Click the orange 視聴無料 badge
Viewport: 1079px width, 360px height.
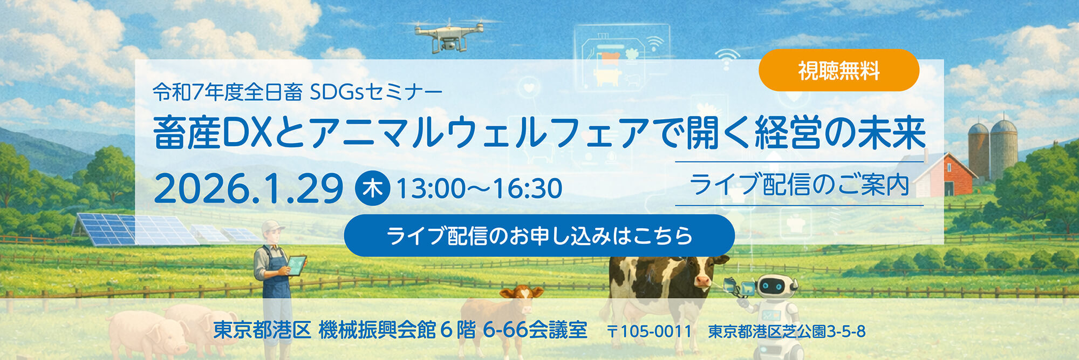[x=838, y=70]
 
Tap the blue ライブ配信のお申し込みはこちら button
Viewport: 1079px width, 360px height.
[x=539, y=236]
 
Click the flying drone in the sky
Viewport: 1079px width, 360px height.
[x=448, y=35]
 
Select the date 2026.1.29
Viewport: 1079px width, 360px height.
[x=248, y=189]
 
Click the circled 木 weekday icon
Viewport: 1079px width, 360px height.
[x=372, y=188]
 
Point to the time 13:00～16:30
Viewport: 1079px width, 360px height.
[x=479, y=188]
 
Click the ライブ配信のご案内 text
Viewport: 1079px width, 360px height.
[x=799, y=185]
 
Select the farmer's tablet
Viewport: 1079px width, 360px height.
[x=296, y=265]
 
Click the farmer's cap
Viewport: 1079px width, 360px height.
[x=272, y=226]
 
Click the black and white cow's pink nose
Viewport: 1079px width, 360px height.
[x=702, y=281]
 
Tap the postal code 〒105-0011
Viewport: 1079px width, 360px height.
[x=649, y=331]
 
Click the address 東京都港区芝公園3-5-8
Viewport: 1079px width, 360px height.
[x=787, y=331]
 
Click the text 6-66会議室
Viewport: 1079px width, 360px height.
[x=535, y=330]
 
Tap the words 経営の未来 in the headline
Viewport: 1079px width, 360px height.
[x=840, y=133]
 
